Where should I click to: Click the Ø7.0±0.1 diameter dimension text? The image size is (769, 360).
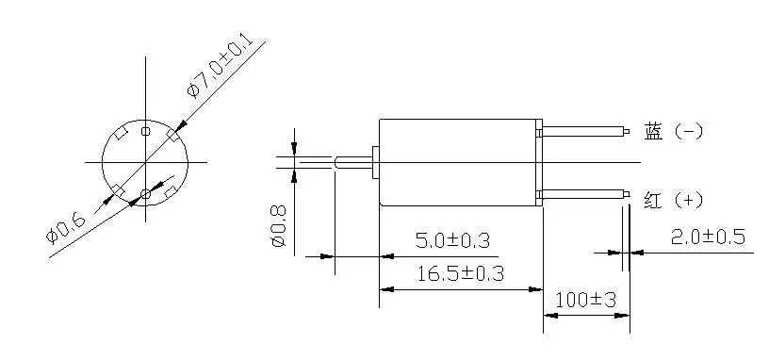coord(221,66)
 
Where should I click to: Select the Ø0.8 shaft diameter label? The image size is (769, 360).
coord(278,226)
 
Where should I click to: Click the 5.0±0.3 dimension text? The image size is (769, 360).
coord(452,241)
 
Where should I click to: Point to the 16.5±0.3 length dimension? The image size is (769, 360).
coord(461,273)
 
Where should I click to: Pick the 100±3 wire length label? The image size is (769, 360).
coord(585,299)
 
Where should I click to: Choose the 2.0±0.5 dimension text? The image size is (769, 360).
coord(708,237)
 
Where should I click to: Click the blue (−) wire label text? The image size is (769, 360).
coord(674,131)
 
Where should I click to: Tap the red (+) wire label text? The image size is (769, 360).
coord(674,200)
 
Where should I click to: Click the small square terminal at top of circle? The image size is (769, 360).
coord(146,131)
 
